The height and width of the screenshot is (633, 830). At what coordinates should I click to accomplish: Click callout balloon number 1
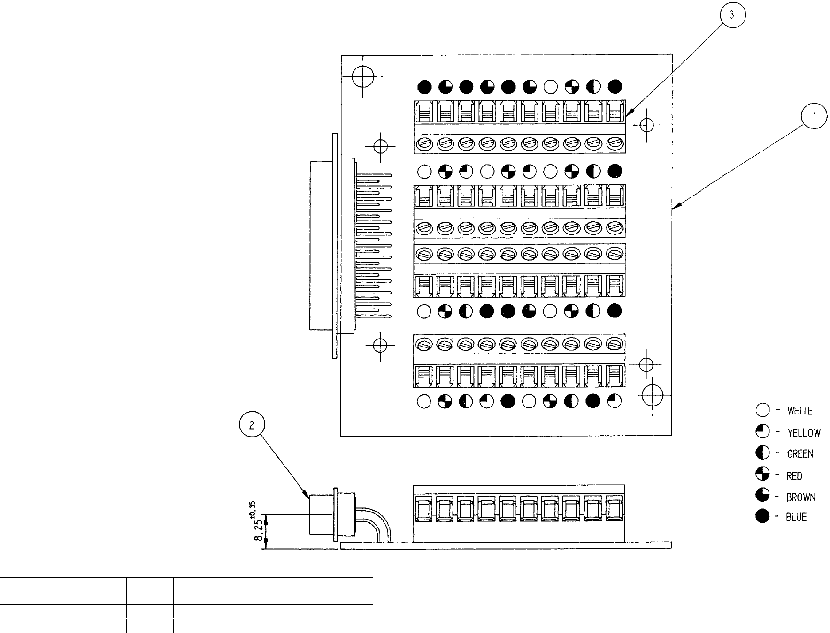pyautogui.click(x=814, y=117)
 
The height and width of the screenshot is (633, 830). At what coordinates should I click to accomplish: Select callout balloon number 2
pyautogui.click(x=252, y=425)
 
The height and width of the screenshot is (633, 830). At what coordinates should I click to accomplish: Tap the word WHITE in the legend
pyautogui.click(x=800, y=411)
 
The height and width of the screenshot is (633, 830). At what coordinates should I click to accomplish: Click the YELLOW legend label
pyautogui.click(x=804, y=433)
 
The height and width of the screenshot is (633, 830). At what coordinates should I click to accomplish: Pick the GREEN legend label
pyautogui.click(x=800, y=454)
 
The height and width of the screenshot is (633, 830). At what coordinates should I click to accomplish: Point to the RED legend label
pyautogui.click(x=794, y=476)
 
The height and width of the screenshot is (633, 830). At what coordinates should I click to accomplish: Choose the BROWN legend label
pyautogui.click(x=801, y=497)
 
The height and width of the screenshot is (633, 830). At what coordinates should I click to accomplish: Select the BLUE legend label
pyautogui.click(x=796, y=517)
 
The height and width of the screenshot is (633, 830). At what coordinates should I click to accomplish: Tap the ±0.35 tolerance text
pyautogui.click(x=252, y=507)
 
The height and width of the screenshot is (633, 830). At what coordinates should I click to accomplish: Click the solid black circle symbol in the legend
pyautogui.click(x=763, y=517)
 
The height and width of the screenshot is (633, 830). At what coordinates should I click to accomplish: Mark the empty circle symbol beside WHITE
pyautogui.click(x=763, y=411)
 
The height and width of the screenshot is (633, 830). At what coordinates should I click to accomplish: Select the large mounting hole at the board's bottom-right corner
pyautogui.click(x=652, y=396)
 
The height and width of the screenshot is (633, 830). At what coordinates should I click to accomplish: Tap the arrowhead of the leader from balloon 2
pyautogui.click(x=307, y=497)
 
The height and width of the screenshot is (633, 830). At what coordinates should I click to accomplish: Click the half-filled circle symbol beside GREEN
pyautogui.click(x=763, y=453)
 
